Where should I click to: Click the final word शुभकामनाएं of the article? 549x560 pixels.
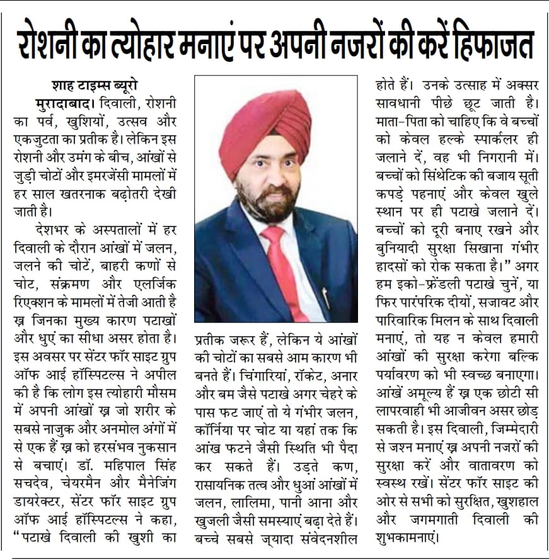point(412,539)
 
